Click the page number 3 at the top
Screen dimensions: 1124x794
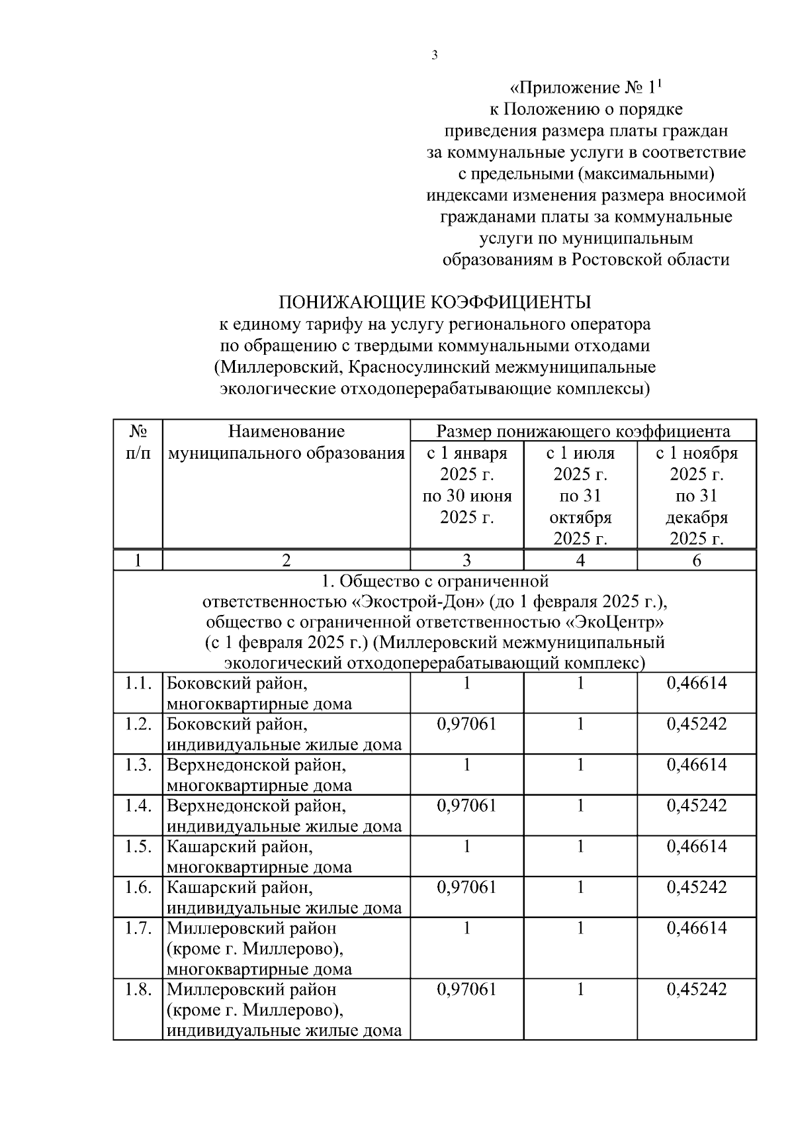tap(435, 56)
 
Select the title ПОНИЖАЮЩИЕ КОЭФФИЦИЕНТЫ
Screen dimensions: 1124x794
tap(435, 303)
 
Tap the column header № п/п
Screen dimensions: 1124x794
tap(138, 442)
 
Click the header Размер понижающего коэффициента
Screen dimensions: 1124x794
tap(583, 432)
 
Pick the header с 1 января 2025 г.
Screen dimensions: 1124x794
tap(467, 485)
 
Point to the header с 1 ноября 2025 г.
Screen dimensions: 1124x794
tap(697, 495)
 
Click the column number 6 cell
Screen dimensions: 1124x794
tap(697, 560)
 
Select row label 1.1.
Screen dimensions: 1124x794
tap(138, 683)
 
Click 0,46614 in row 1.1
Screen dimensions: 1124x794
tap(697, 683)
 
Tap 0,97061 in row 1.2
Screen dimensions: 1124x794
tap(467, 724)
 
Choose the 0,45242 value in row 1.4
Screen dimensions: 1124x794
tap(697, 806)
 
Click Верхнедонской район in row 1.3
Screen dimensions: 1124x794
tap(256, 765)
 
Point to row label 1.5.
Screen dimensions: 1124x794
tap(138, 847)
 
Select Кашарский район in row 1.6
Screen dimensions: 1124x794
tap(240, 888)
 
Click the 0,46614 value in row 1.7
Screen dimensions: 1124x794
tap(697, 928)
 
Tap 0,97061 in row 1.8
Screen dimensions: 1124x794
tap(467, 990)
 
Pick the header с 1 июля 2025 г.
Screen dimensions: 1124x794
tap(580, 495)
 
